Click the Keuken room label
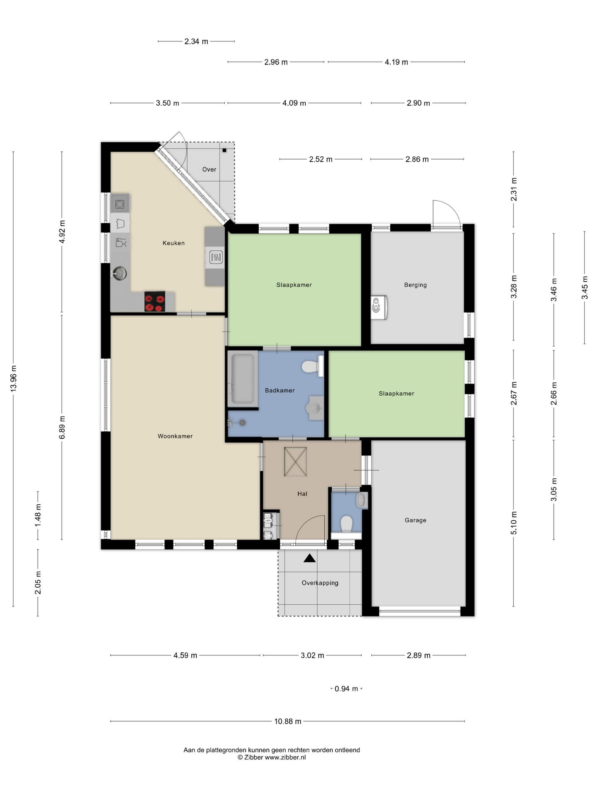tap(173, 243)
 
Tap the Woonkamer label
tap(175, 436)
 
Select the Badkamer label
tap(279, 390)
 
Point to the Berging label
tap(415, 285)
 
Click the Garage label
tap(415, 520)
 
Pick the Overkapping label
tap(320, 583)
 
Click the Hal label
tap(302, 494)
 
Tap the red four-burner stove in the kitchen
tap(154, 301)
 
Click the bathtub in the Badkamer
tap(243, 378)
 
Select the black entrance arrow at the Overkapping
tap(309, 558)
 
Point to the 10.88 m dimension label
tap(288, 721)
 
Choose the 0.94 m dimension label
tap(346, 689)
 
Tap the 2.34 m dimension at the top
tap(196, 41)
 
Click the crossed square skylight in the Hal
tap(295, 461)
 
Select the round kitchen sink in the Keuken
tap(120, 273)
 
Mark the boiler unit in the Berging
tap(379, 308)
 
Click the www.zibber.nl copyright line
tap(272, 757)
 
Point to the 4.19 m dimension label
tap(396, 62)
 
